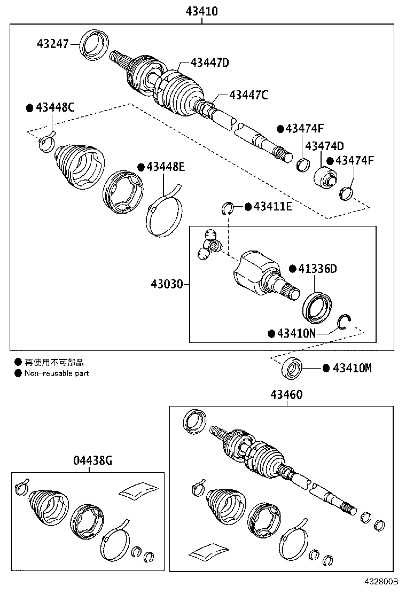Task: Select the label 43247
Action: (x=53, y=43)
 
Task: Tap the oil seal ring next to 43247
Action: (x=95, y=43)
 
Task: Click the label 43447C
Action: (x=248, y=95)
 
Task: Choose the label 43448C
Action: (x=55, y=107)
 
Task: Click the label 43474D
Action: (x=324, y=146)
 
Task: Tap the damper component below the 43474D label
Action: (x=325, y=177)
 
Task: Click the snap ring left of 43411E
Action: (x=228, y=207)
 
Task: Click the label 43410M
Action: (x=352, y=368)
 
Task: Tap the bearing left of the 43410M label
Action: (x=292, y=369)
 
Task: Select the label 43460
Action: (x=286, y=395)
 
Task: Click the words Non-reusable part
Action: (x=57, y=373)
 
